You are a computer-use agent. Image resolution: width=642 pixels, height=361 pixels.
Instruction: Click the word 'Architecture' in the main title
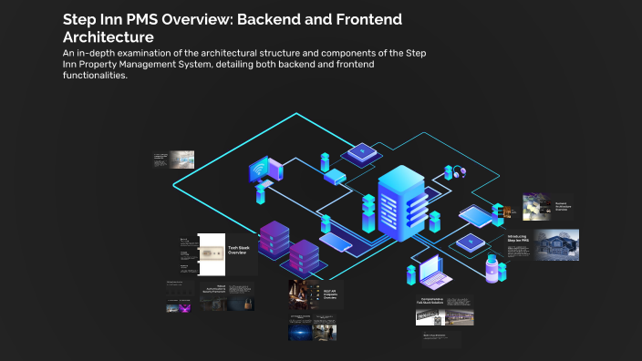108,37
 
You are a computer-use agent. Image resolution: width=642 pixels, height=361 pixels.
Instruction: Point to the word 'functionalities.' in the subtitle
95,76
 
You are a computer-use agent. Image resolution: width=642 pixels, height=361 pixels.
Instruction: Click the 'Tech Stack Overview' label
237,251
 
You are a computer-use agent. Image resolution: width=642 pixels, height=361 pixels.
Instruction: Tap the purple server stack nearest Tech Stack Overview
274,239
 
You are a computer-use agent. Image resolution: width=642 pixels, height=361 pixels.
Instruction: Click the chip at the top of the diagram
363,151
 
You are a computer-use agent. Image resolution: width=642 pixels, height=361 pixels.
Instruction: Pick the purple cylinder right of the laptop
492,270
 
